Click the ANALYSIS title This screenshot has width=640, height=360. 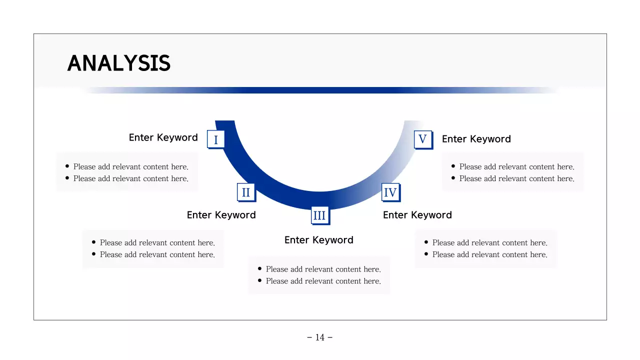click(x=118, y=63)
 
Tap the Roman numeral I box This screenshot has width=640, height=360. click(x=215, y=139)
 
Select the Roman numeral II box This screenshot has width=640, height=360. click(x=245, y=192)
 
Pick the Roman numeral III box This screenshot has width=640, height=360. click(x=319, y=215)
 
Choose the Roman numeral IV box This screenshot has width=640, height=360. click(x=390, y=192)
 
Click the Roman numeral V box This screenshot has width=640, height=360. click(x=422, y=139)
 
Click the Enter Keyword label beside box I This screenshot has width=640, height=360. click(x=163, y=137)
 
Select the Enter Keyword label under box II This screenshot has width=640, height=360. click(x=221, y=215)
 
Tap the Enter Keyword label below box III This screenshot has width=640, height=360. click(x=318, y=240)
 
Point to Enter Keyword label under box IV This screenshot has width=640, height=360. click(x=417, y=215)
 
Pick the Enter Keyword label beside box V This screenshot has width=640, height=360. click(x=476, y=139)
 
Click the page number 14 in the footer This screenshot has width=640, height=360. click(x=320, y=337)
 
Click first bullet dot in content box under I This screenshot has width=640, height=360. click(x=67, y=166)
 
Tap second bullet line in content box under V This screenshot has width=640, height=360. click(x=516, y=178)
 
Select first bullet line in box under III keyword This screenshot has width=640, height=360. click(x=323, y=269)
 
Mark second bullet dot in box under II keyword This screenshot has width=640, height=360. click(x=94, y=254)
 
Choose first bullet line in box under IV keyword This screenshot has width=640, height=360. click(x=489, y=242)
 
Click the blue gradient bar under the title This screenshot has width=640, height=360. click(x=320, y=90)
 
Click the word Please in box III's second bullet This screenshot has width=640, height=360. click(x=277, y=281)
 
